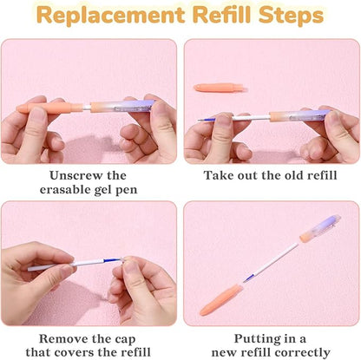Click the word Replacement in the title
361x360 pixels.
point(111,16)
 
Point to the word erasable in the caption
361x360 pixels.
point(65,190)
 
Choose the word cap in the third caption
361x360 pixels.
point(125,340)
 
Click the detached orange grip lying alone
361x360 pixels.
point(220,87)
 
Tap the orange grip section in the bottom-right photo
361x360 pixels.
point(220,299)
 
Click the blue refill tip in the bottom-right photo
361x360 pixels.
point(249,278)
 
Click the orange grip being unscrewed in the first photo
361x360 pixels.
point(49,108)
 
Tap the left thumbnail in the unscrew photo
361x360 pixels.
point(37,114)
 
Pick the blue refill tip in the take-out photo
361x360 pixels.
point(207,120)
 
